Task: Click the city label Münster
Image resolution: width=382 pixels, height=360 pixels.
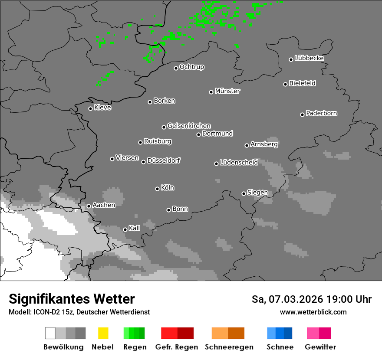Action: (227, 91)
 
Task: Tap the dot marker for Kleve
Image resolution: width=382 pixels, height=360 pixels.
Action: (90, 108)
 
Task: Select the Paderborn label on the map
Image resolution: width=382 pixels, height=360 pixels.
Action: (322, 113)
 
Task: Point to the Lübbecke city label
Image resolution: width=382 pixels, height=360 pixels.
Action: (309, 58)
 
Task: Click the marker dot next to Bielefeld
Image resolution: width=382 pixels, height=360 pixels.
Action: (286, 84)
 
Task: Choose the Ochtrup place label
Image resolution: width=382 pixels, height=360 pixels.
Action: (192, 67)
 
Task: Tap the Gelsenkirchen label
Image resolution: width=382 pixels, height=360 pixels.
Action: (189, 126)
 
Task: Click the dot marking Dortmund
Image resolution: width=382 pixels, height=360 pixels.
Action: (198, 134)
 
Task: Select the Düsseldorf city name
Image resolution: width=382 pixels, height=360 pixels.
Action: (164, 160)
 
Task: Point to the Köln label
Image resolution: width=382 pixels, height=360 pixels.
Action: (168, 188)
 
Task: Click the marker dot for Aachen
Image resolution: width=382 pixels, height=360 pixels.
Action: (89, 206)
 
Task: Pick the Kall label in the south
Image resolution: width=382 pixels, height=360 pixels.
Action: (135, 228)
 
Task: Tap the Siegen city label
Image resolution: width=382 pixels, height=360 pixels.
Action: (257, 193)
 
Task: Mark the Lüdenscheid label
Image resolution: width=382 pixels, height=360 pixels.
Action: (239, 163)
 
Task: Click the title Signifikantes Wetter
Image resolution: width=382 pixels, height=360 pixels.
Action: (72, 299)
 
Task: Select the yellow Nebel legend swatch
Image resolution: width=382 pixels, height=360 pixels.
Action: (103, 333)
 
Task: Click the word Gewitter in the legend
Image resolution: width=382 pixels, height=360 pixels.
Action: (320, 347)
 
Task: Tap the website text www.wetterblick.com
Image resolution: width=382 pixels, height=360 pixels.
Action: (313, 312)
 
